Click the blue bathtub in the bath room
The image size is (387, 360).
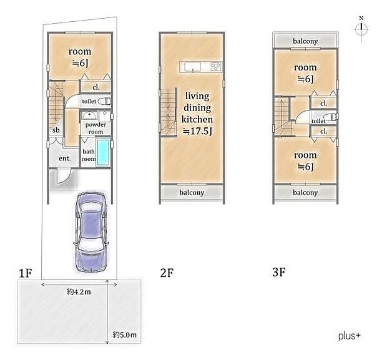pos(103,152)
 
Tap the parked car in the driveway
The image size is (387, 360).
pos(91,232)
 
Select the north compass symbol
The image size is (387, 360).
pos(361,29)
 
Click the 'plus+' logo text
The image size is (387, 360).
pos(350,336)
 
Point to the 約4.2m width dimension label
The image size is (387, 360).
pos(79,292)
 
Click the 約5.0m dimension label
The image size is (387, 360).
pos(124,335)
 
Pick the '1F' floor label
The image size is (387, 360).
pos(26,273)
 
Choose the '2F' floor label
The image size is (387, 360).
pos(167,273)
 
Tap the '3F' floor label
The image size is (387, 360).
pos(279,272)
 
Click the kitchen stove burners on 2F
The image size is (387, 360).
pos(216,67)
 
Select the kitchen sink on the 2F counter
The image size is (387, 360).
pos(193,67)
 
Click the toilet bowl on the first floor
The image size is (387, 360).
pos(104,101)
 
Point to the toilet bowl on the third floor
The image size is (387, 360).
pos(331,117)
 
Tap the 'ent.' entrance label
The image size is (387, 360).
pos(65,158)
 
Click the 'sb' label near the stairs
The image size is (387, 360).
pos(56,130)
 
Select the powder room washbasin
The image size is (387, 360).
pos(89,115)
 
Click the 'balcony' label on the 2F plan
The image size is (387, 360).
pos(192,192)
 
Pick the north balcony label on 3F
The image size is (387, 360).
pos(305,41)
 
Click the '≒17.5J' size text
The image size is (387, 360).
pos(197,131)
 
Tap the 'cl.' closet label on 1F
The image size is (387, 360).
pos(96,87)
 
